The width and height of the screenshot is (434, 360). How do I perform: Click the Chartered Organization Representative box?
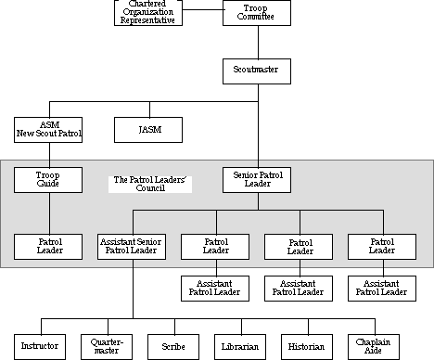147,13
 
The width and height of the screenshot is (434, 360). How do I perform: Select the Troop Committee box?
257,13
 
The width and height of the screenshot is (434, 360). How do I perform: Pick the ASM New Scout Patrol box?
48,129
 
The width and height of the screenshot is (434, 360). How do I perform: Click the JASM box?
147,129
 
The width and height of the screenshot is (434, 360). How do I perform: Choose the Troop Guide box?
48,179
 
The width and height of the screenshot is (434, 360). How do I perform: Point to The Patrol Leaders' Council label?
149,183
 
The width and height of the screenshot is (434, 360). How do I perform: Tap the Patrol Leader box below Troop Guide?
48,246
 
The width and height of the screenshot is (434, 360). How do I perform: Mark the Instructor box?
39,346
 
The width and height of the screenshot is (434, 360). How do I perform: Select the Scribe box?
172,346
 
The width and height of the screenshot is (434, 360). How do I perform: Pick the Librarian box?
240,346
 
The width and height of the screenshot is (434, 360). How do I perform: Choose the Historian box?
306,346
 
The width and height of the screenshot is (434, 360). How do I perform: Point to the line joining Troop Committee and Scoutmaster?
257,42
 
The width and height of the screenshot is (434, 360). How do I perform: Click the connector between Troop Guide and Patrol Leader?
48,212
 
